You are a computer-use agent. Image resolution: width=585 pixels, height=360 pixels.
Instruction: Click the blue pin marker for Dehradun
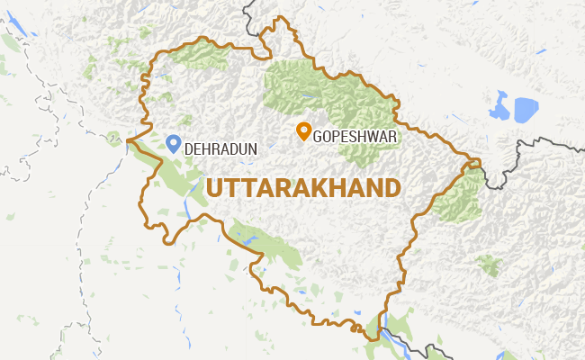pyautogui.click(x=175, y=143)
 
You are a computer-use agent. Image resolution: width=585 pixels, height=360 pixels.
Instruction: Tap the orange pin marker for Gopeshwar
pyautogui.click(x=304, y=131)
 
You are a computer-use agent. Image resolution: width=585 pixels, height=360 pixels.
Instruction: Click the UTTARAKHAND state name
pyautogui.click(x=303, y=188)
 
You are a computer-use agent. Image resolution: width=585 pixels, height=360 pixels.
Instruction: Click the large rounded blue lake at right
pyautogui.click(x=524, y=109)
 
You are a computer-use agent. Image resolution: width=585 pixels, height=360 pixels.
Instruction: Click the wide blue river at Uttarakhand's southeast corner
pyautogui.click(x=388, y=337)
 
